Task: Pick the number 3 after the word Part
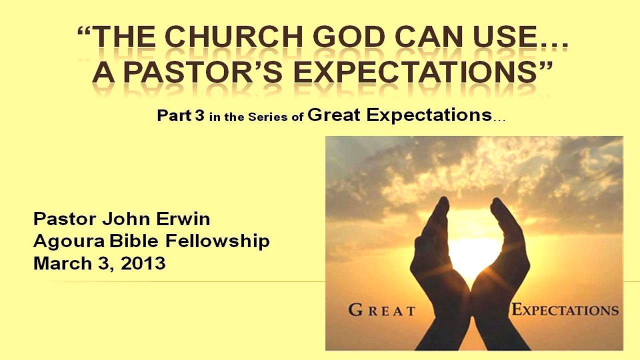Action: pos(199,115)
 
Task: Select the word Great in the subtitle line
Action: pos(334,114)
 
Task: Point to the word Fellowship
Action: pos(217,241)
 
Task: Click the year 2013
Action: pos(143,263)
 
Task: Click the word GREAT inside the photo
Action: pos(382,310)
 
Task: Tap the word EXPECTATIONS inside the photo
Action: pos(565,310)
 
